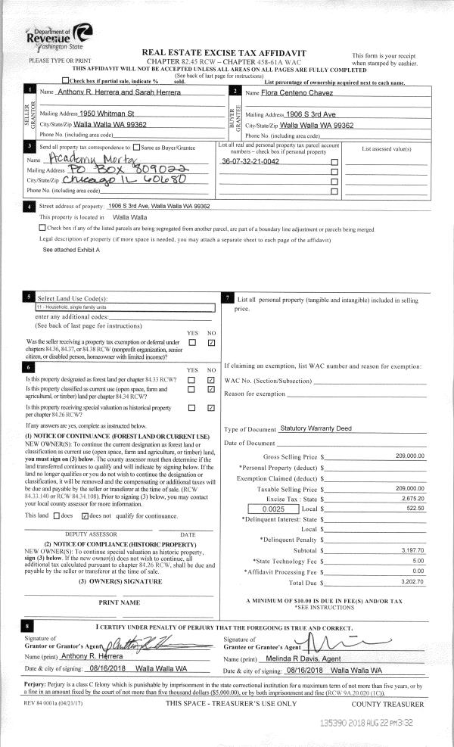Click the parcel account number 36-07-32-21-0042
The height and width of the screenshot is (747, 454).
250,162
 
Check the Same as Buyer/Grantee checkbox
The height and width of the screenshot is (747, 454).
136,147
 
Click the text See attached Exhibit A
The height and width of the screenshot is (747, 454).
71,249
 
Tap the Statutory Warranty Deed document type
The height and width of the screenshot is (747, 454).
316,428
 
